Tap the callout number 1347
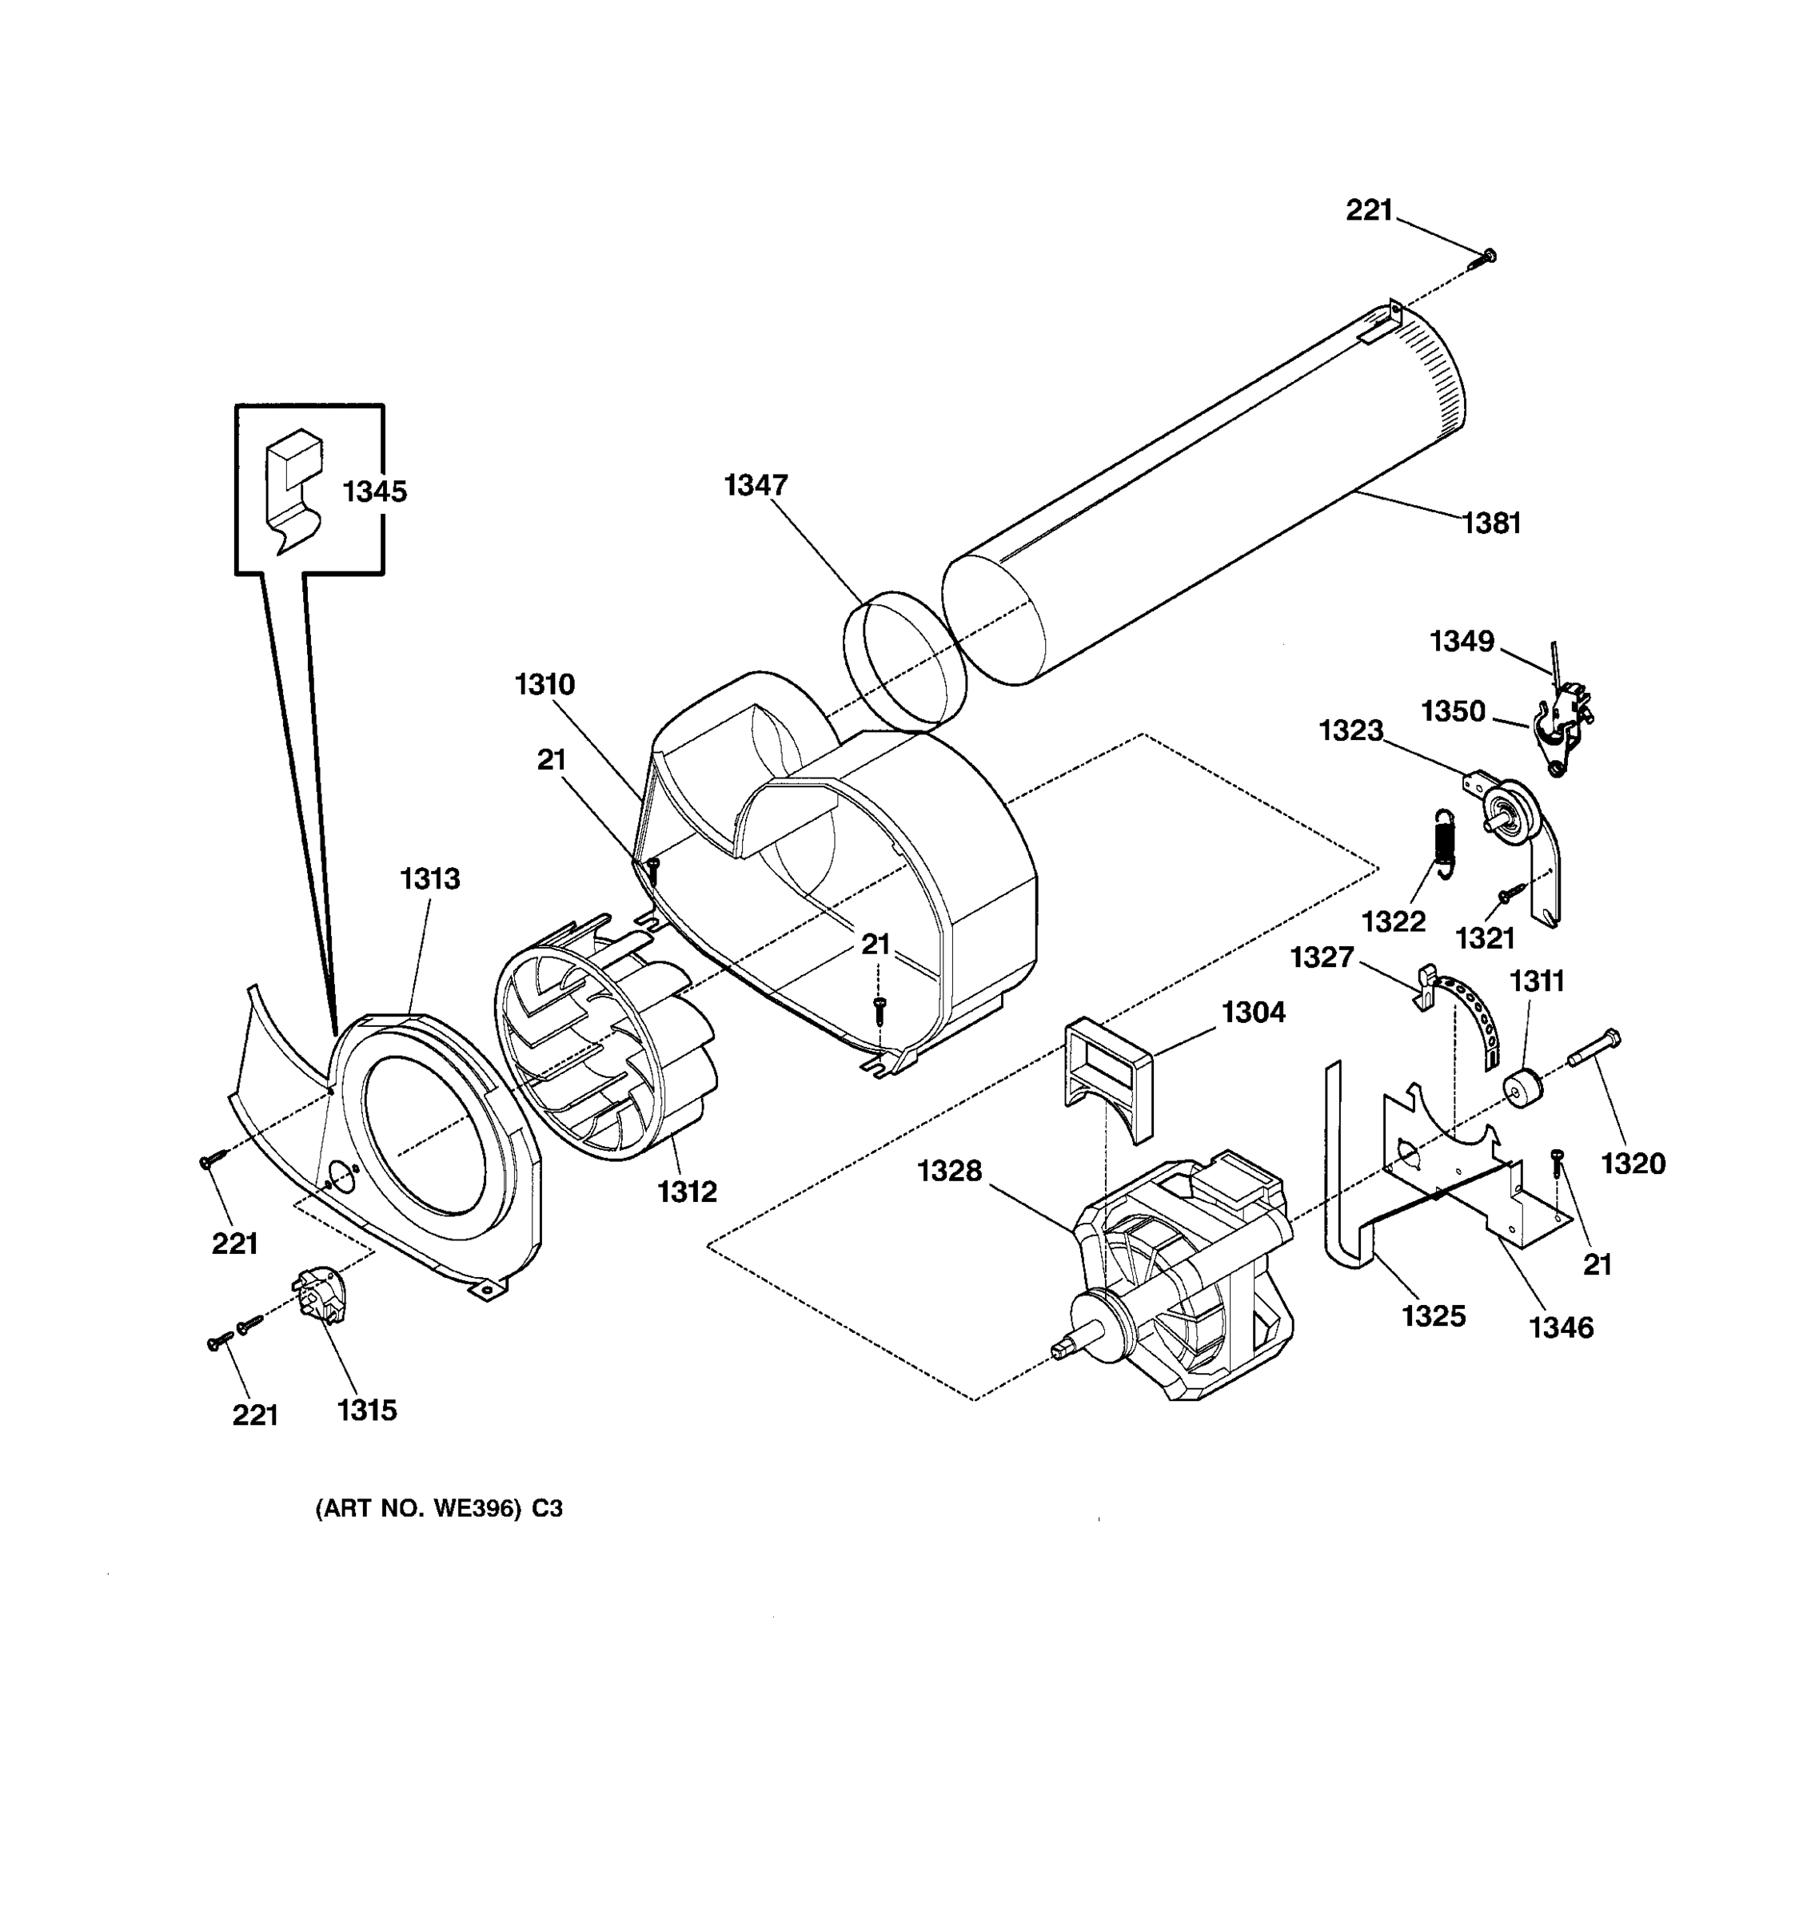[756, 485]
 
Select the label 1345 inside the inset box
[374, 492]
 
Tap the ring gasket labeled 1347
[904, 662]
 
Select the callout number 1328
[949, 1172]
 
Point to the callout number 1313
[430, 879]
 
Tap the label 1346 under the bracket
[1561, 1328]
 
